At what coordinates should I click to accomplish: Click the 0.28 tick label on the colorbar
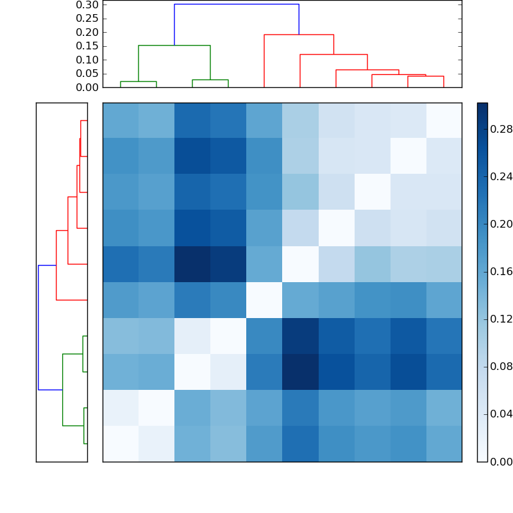[500, 129]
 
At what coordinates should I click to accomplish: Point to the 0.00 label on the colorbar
[500, 461]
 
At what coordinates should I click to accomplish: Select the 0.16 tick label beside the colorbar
[500, 271]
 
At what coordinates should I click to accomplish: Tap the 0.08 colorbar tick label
[500, 366]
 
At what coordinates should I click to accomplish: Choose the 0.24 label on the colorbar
[500, 176]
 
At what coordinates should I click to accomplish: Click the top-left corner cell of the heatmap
[121, 121]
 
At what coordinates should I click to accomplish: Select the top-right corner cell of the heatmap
[444, 121]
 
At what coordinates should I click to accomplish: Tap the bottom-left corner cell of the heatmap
[121, 444]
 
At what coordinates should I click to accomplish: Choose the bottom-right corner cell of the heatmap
[444, 444]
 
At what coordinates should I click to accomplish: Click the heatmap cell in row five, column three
[192, 264]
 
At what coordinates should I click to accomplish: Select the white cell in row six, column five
[264, 300]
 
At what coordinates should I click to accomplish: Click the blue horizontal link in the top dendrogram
[237, 4]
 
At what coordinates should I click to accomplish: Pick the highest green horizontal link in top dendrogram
[174, 46]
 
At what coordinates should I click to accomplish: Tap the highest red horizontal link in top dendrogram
[299, 35]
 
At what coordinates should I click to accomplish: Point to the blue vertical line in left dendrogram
[38, 327]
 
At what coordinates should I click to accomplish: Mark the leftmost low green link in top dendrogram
[139, 81]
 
